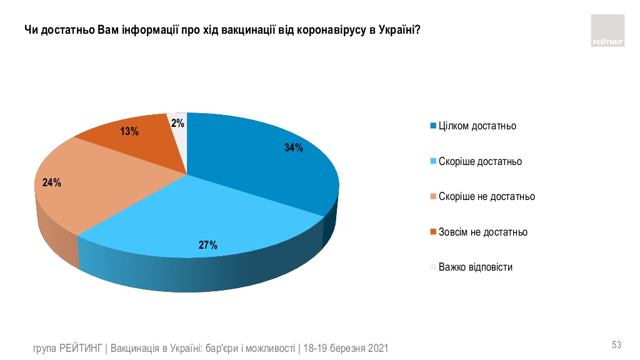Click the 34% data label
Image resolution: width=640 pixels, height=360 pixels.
(x=293, y=147)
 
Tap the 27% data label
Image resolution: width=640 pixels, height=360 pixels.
(x=208, y=246)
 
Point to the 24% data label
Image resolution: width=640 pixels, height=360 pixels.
(x=51, y=183)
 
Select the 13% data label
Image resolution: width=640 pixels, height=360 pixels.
(x=129, y=132)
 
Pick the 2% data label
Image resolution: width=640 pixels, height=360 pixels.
(x=177, y=124)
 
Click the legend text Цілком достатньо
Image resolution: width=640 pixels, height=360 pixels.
(x=477, y=126)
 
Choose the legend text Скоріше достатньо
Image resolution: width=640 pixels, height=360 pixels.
(x=480, y=161)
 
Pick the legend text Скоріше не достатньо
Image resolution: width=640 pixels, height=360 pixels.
(x=486, y=196)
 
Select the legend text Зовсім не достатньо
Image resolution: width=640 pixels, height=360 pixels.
(x=482, y=232)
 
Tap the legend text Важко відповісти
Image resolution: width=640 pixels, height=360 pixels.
(x=475, y=267)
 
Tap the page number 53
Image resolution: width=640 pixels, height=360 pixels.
(x=616, y=345)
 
